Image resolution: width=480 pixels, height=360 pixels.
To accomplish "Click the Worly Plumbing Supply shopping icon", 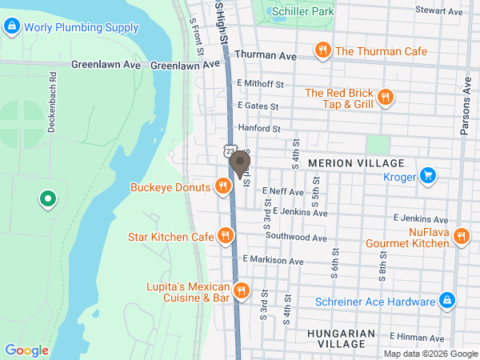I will click(11, 27).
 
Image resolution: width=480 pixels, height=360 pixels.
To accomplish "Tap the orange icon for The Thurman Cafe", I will click(322, 51).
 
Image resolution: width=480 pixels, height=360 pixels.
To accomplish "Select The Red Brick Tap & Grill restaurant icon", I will click(385, 98).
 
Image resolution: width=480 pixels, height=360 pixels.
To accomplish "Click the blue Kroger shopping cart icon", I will click(428, 174).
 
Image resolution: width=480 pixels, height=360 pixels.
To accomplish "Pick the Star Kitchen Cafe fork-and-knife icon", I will click(226, 237).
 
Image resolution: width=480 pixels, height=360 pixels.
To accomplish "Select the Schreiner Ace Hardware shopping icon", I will click(447, 302).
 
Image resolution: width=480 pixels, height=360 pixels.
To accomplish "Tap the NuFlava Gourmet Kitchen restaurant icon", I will click(460, 237).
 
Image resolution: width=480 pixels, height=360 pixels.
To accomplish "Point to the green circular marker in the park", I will click(47, 198).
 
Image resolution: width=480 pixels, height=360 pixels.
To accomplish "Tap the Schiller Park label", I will click(302, 12).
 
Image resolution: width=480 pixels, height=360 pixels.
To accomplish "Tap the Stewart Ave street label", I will click(439, 11).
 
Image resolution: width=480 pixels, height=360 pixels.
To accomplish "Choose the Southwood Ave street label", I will click(296, 238).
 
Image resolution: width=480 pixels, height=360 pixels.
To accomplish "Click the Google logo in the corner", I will click(26, 350).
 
